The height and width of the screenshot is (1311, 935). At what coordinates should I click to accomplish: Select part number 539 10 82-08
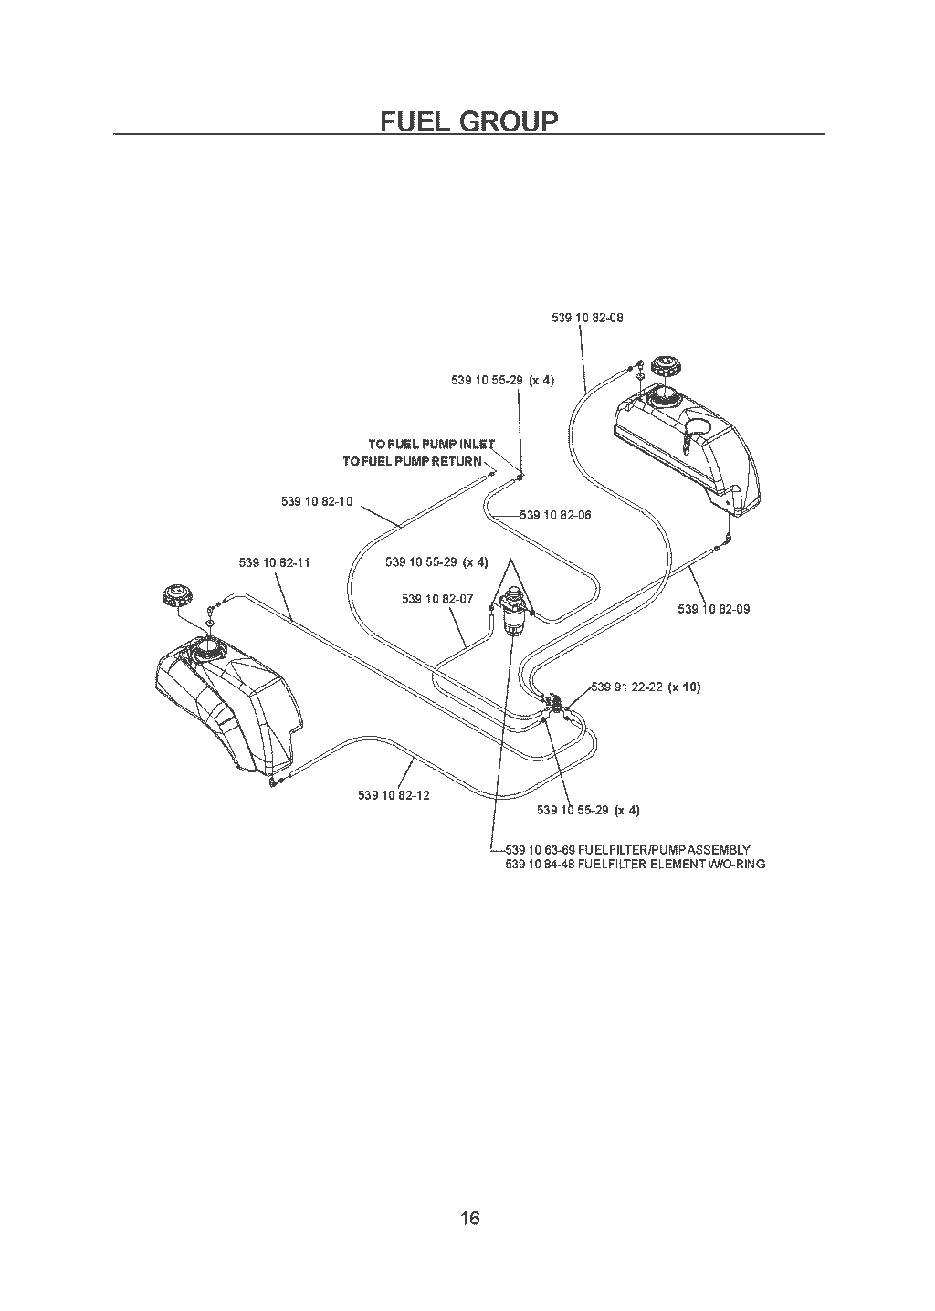[587, 318]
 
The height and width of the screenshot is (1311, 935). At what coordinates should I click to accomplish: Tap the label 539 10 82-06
[556, 515]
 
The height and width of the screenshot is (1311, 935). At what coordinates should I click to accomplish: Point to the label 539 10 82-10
[318, 501]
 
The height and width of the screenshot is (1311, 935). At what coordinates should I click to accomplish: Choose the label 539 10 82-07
[437, 599]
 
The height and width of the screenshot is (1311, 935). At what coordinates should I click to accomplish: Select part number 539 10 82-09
[714, 609]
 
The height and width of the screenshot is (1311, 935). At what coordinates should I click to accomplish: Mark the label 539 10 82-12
[394, 795]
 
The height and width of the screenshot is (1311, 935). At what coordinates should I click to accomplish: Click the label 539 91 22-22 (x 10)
[646, 687]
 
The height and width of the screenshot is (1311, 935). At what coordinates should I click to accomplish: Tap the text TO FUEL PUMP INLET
[432, 444]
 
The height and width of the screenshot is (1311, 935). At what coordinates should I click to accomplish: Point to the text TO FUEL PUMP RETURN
[412, 461]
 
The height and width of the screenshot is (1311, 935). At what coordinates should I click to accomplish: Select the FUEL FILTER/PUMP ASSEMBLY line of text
[627, 850]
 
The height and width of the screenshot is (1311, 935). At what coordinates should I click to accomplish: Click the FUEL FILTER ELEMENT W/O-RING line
[635, 864]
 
